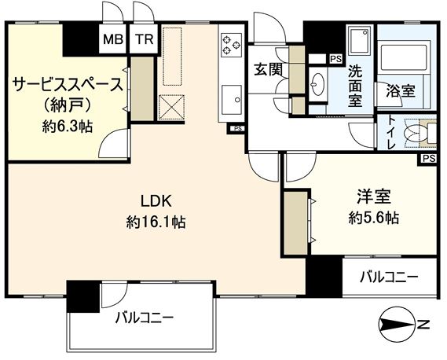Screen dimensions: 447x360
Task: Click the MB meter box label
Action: (113, 39)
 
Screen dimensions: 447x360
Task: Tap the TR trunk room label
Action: (145, 39)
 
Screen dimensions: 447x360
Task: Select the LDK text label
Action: (156, 201)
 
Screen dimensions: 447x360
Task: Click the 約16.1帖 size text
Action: (156, 222)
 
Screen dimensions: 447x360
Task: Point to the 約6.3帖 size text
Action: (68, 127)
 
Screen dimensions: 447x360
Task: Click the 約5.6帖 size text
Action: (373, 219)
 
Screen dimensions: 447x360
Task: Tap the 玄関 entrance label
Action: (269, 70)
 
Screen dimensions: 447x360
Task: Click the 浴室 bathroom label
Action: (401, 91)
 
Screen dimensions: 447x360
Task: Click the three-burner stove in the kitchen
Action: (231, 45)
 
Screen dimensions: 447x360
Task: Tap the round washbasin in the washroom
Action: (318, 83)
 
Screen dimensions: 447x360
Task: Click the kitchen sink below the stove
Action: (232, 100)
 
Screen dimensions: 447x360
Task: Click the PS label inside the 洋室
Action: (429, 158)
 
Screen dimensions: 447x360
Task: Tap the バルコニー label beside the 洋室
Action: (389, 277)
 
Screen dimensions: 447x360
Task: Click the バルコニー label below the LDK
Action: (145, 318)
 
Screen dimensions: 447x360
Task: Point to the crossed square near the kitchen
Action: (171, 107)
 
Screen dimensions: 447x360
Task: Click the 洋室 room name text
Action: (374, 197)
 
